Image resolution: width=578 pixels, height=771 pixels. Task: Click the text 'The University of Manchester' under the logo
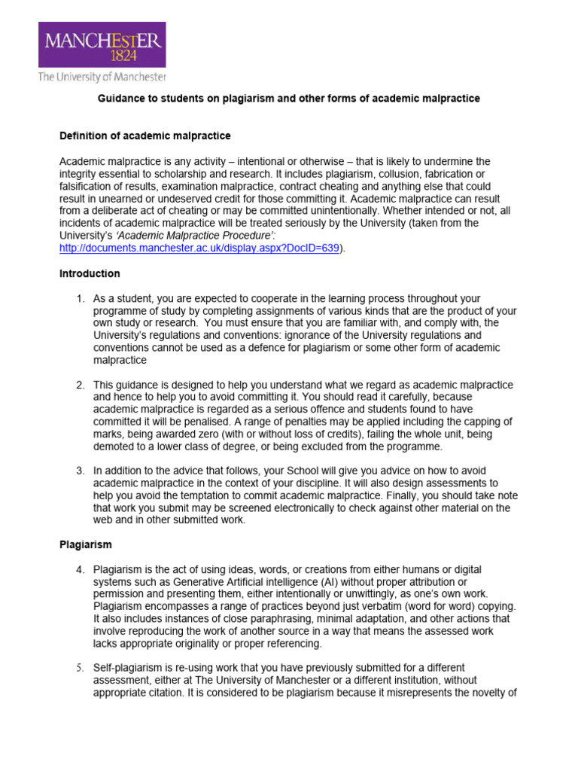102,77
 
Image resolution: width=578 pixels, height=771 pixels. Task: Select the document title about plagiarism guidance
290,99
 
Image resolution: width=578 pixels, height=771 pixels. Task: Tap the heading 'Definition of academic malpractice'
144,136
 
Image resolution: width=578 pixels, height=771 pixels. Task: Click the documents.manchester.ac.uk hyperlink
200,248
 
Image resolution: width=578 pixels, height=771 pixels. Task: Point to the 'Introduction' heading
90,273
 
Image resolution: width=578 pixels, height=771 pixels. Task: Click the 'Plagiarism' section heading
86,544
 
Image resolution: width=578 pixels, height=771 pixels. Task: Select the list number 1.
80,299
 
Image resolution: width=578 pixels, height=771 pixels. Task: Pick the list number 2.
80,385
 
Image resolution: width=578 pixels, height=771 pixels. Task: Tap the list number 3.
80,471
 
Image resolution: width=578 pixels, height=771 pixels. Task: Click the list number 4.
80,569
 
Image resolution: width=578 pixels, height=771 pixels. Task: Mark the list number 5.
80,668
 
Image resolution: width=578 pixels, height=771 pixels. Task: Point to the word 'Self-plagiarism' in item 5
126,668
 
